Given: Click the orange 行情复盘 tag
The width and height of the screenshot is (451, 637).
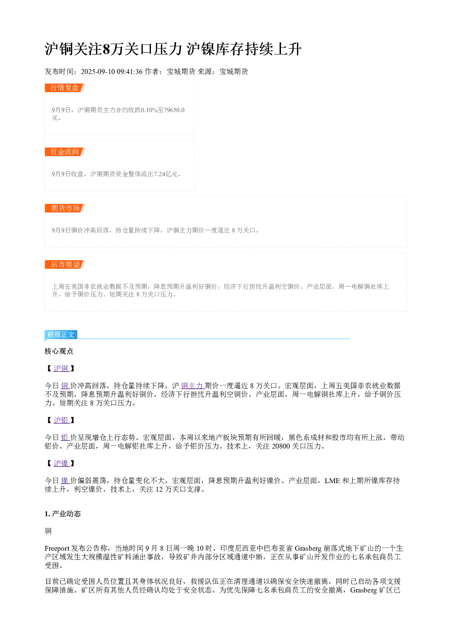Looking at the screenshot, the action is point(65,88).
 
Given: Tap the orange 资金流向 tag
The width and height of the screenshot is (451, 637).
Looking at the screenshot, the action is point(65,152).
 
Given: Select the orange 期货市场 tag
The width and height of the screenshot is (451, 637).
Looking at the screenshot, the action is point(65,208).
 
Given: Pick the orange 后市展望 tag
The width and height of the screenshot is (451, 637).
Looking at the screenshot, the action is point(65,264).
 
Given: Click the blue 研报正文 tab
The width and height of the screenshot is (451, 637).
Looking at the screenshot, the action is point(61,335).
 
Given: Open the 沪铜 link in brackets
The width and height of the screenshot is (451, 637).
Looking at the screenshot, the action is point(61,369).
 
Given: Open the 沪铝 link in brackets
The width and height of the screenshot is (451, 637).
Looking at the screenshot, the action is point(61,420).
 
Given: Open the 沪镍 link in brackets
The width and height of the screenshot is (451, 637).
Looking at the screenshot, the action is point(61,464).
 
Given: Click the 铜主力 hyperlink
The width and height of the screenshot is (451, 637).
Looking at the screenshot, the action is point(192,386).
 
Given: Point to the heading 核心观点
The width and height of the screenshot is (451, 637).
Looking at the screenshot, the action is point(59,351).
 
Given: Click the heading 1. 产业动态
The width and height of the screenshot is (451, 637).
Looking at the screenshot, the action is point(63,514).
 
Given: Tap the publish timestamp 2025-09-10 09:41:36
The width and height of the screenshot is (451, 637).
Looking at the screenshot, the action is point(111,72).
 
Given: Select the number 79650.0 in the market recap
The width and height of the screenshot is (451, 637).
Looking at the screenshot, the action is point(174,110).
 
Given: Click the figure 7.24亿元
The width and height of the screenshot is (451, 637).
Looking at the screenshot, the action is point(165,174).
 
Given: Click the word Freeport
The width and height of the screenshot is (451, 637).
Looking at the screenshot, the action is point(57,548).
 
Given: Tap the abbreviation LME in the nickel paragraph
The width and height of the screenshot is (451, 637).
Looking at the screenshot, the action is point(332,481).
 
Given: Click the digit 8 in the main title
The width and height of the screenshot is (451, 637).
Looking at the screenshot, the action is point(106,49).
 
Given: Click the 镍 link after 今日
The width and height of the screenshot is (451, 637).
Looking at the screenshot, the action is point(65,481).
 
